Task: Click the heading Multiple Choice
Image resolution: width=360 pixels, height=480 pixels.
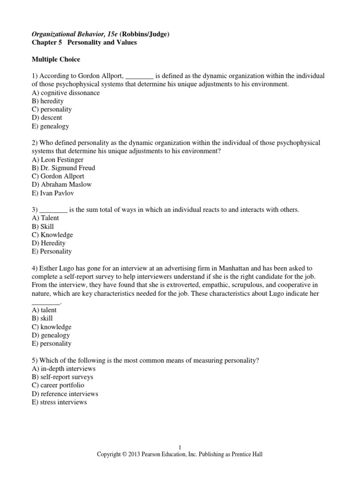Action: pos(55,60)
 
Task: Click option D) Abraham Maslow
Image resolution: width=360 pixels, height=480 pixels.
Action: pos(61,184)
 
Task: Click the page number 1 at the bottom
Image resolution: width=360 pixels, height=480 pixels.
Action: pos(180,448)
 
